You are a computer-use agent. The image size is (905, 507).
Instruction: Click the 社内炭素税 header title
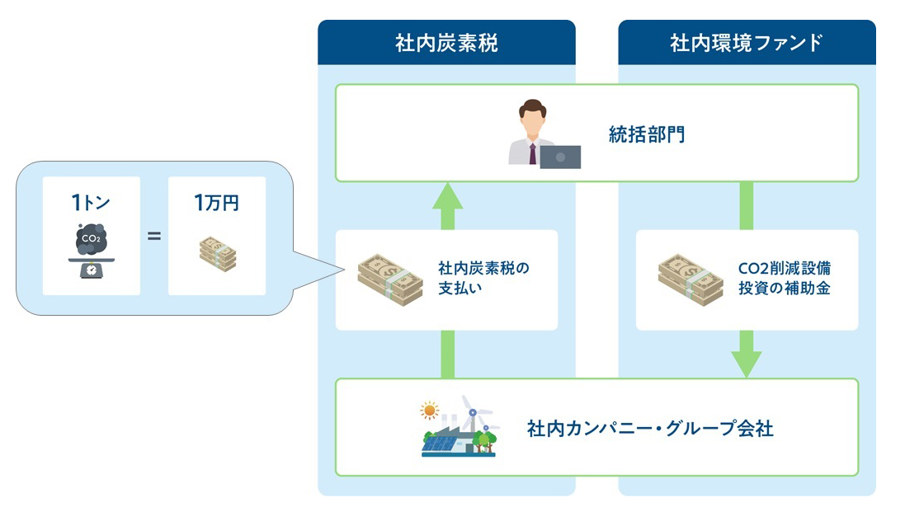(x=446, y=43)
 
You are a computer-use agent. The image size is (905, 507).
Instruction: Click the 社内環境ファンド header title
(x=747, y=43)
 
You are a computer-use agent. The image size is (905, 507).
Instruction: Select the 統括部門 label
(x=647, y=134)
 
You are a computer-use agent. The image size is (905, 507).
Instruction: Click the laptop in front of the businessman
(x=560, y=157)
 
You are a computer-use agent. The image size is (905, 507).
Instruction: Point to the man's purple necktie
(x=532, y=154)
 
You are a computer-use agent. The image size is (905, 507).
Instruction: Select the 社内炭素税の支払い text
(x=483, y=278)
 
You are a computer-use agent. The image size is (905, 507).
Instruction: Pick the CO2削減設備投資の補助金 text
(x=785, y=278)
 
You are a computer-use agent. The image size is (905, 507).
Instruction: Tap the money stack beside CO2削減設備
(x=691, y=279)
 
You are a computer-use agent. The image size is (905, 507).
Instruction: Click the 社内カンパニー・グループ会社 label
(x=650, y=429)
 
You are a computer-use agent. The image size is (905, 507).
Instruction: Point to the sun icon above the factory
(x=430, y=411)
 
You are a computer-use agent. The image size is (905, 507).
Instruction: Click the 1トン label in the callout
(x=91, y=203)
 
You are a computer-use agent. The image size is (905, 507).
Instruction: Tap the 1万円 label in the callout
(x=216, y=203)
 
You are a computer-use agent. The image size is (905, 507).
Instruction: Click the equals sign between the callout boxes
(x=154, y=236)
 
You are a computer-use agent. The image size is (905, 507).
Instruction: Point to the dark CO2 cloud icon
(x=92, y=239)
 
